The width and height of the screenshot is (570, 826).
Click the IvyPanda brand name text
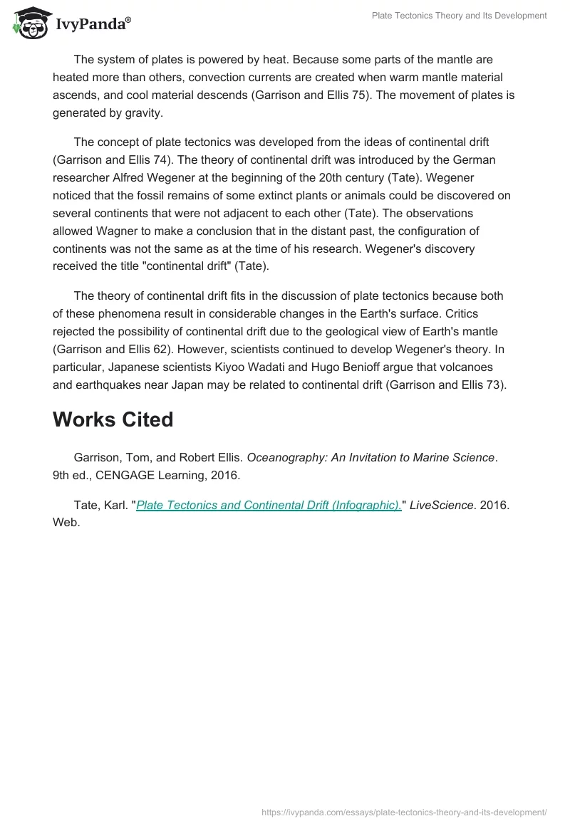[91, 26]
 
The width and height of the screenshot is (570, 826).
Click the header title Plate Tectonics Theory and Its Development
[459, 15]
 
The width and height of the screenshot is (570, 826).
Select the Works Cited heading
[113, 419]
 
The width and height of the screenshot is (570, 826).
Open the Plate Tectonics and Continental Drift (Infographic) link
[269, 505]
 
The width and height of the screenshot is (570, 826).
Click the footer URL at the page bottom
[404, 811]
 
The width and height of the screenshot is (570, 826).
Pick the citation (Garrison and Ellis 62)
[113, 350]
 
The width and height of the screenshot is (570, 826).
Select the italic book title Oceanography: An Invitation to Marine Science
[370, 458]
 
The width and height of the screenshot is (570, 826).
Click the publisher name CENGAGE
[117, 476]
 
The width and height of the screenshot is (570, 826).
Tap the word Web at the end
[66, 523]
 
